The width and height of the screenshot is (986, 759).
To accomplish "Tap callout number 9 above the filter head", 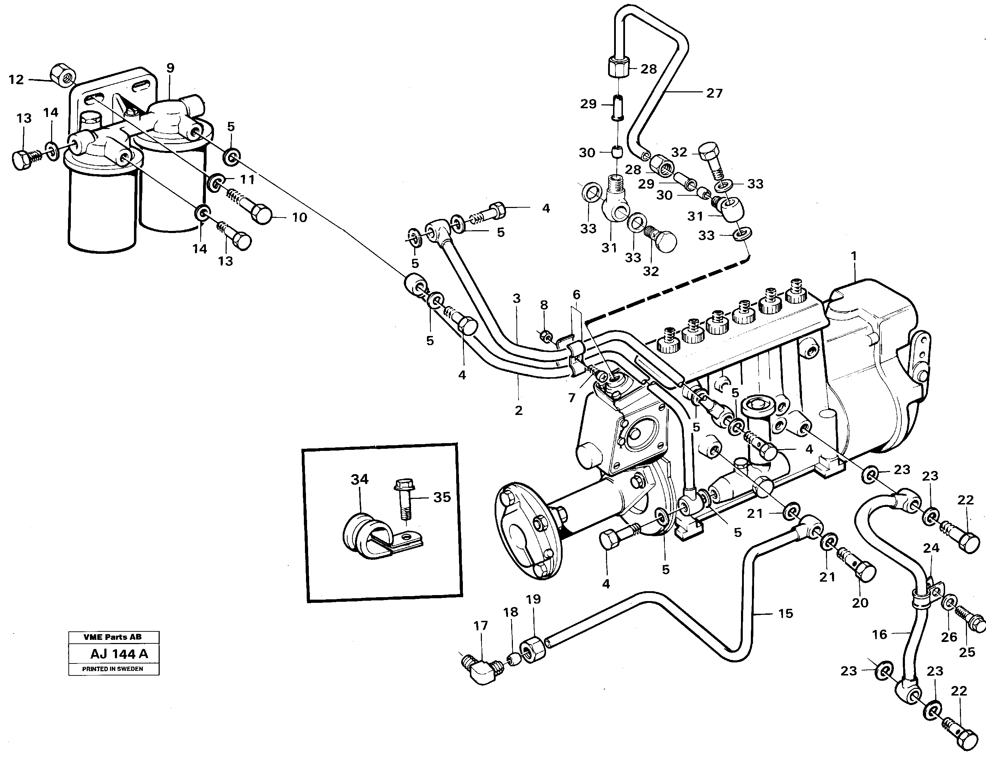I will [x=170, y=68].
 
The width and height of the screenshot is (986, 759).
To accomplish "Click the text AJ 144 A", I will [x=119, y=654].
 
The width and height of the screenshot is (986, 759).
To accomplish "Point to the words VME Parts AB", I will [x=112, y=637].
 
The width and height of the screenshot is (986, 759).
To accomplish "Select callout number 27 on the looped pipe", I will [x=714, y=93].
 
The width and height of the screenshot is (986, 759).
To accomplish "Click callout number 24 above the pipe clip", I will [x=931, y=548].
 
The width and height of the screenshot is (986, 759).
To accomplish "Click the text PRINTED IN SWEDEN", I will [x=112, y=669].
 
